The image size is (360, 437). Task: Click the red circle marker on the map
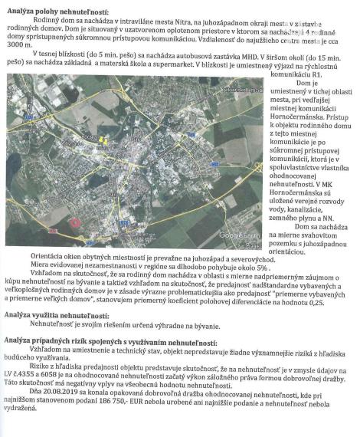click(75, 222)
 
